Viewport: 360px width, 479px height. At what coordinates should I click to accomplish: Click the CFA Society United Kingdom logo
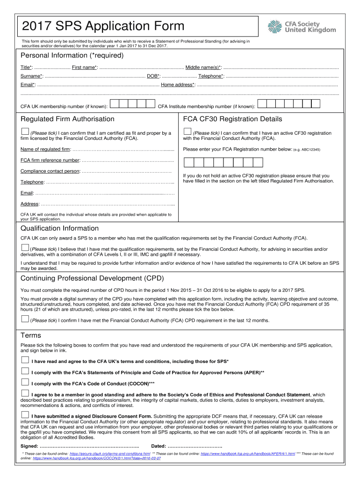[x=302, y=26]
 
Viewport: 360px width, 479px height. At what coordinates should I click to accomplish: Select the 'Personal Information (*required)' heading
[x=72, y=56]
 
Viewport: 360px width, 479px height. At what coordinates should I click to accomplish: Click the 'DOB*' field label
[x=153, y=76]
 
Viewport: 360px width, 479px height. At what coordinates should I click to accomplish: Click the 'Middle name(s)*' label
[x=204, y=67]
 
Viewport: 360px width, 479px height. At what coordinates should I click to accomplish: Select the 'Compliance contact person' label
[x=50, y=171]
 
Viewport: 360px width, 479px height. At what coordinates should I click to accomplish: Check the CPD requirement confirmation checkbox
[x=25, y=319]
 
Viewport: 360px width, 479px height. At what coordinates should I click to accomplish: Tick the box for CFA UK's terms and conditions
[x=25, y=360]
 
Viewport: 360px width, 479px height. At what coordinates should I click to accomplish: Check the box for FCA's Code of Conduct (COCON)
[x=25, y=382]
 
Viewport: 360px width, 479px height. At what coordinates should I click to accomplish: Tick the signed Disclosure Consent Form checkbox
[x=25, y=414]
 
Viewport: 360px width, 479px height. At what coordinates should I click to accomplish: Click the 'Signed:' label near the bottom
[x=30, y=446]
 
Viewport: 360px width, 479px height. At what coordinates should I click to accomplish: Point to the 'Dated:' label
[x=158, y=446]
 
